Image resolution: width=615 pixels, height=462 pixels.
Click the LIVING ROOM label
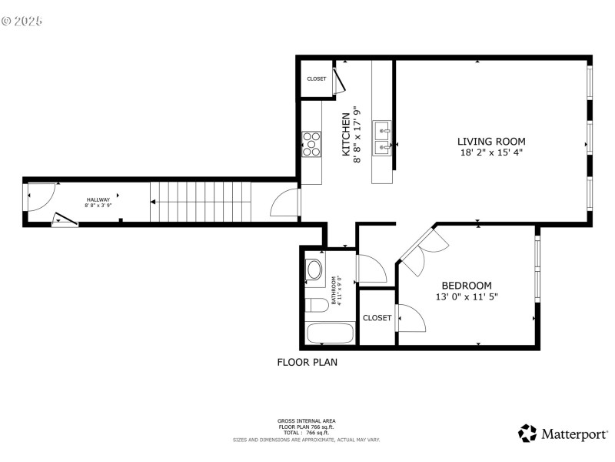click(x=491, y=141)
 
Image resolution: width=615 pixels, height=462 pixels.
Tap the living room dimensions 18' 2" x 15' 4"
click(x=491, y=153)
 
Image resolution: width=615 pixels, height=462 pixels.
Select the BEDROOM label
click(x=466, y=286)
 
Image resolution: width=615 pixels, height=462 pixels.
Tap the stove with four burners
click(x=311, y=143)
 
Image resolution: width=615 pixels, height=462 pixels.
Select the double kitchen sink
click(x=382, y=137)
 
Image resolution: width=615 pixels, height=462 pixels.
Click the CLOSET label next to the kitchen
click(x=316, y=79)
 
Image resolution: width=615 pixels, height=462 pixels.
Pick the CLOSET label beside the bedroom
click(x=377, y=317)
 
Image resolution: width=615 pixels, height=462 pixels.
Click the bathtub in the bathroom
click(x=330, y=334)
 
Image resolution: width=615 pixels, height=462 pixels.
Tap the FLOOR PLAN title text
click(x=307, y=361)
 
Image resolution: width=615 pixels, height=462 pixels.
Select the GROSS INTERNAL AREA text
click(x=306, y=420)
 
